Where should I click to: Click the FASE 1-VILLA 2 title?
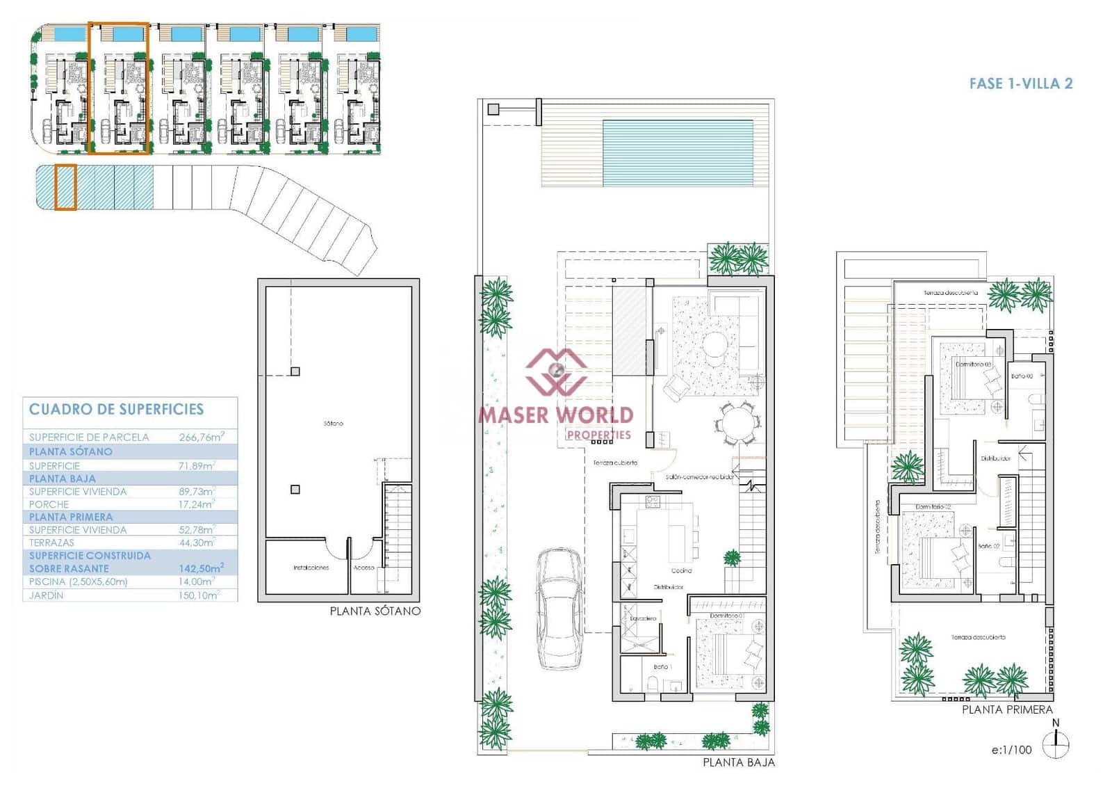1020,83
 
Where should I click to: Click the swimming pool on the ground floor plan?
678,153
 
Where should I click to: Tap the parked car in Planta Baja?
559,609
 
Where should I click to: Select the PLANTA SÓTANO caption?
375,611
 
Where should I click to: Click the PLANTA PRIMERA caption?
1007,709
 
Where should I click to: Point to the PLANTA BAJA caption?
738,762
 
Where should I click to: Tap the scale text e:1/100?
1011,750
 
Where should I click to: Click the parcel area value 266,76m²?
201,437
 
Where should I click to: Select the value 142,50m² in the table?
201,568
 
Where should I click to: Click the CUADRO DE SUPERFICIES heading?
116,409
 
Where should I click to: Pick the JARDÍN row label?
46,595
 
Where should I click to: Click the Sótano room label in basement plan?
333,423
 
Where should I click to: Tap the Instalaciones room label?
311,568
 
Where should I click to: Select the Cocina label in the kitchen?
682,570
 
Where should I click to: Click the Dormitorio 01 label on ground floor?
726,616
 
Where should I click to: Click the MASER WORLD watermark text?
556,415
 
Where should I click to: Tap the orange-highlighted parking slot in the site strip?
65,187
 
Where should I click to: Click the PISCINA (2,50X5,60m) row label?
78,582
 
